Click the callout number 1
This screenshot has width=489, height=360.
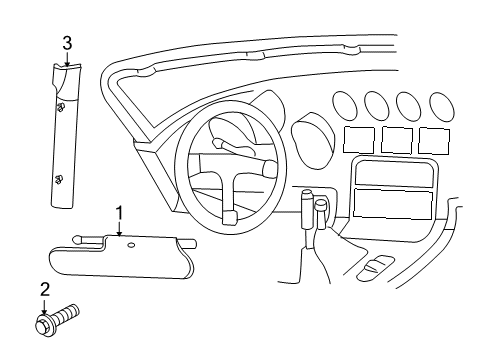[119, 212]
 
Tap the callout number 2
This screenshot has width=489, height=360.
[44, 289]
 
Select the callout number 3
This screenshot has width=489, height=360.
[67, 43]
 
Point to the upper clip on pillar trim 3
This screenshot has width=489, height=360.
[61, 107]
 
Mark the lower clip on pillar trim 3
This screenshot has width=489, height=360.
[59, 179]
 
